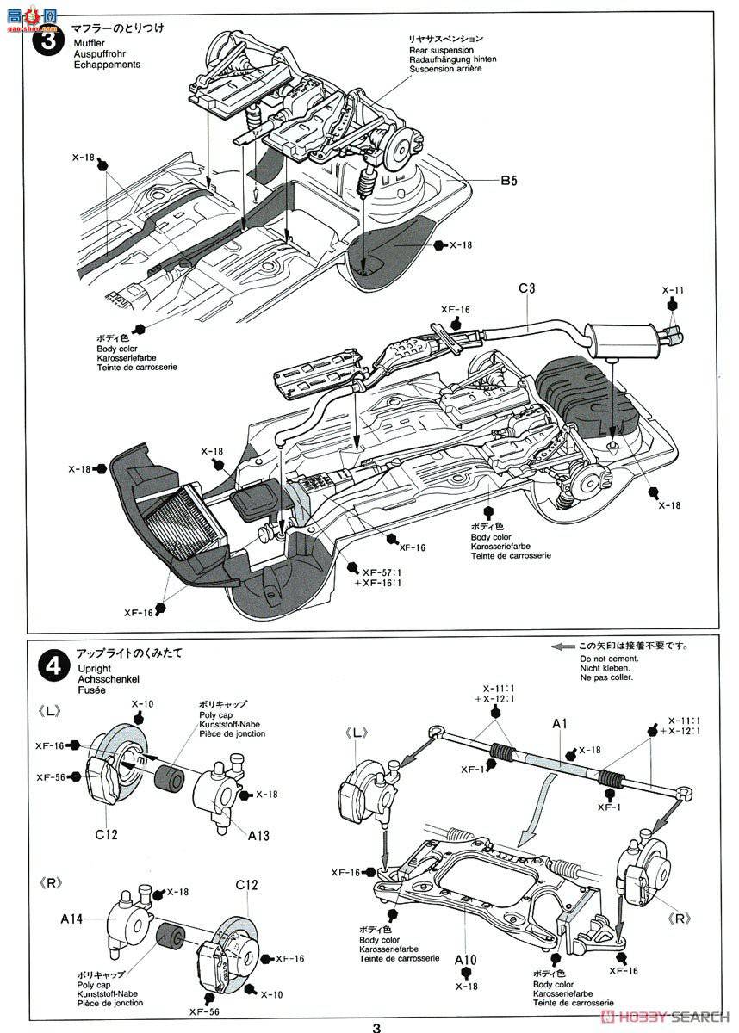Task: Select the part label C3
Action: pyautogui.click(x=526, y=288)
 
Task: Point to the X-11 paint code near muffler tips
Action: pyautogui.click(x=673, y=291)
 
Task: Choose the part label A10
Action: pyautogui.click(x=466, y=956)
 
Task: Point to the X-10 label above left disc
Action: pyautogui.click(x=141, y=704)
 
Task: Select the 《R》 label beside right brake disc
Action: pyautogui.click(x=680, y=918)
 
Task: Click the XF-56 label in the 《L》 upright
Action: pyautogui.click(x=53, y=776)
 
